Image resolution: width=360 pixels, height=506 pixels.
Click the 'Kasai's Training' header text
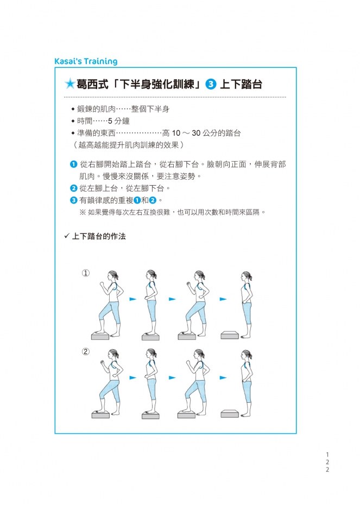(86, 61)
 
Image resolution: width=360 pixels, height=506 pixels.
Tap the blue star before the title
(70, 84)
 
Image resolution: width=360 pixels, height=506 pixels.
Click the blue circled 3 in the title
(211, 84)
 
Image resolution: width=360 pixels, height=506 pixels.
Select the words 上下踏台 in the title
(241, 84)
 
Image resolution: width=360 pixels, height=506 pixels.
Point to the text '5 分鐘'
(118, 121)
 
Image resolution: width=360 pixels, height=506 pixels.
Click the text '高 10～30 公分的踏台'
(201, 133)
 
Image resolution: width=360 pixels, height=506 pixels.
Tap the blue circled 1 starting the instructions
(74, 165)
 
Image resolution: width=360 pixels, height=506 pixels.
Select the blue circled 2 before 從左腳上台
(74, 188)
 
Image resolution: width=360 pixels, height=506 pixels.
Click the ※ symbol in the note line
(83, 212)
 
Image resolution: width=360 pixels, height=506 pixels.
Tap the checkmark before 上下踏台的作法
(67, 236)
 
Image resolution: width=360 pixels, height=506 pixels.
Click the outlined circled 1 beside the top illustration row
(85, 273)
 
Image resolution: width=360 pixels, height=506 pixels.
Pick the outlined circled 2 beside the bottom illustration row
(85, 351)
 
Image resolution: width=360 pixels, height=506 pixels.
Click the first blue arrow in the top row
(132, 299)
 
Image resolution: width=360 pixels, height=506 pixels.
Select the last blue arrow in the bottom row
(223, 377)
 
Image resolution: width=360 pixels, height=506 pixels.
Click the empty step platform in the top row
(230, 334)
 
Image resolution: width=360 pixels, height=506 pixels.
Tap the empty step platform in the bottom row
(230, 413)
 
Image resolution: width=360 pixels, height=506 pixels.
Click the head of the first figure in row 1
(112, 276)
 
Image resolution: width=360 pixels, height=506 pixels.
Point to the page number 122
(327, 462)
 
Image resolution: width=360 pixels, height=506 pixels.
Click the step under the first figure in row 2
(100, 415)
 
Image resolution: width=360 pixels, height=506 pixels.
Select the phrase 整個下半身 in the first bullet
(150, 109)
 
